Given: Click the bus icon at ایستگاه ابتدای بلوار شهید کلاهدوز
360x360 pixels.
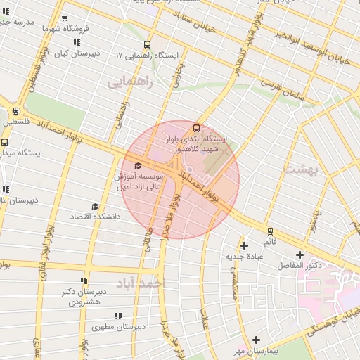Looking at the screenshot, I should [196, 128].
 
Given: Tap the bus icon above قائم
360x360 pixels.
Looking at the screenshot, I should [271, 231].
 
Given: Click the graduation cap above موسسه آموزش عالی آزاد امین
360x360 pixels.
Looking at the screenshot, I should [136, 165].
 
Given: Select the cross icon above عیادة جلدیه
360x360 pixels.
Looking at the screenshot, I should [244, 245].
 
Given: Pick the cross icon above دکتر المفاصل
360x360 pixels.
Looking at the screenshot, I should [300, 255].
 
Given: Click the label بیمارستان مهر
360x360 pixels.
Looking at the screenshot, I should [257, 350].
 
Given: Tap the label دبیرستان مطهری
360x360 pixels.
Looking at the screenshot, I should [119, 327].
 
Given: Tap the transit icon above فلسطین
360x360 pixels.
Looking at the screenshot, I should [15, 110].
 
